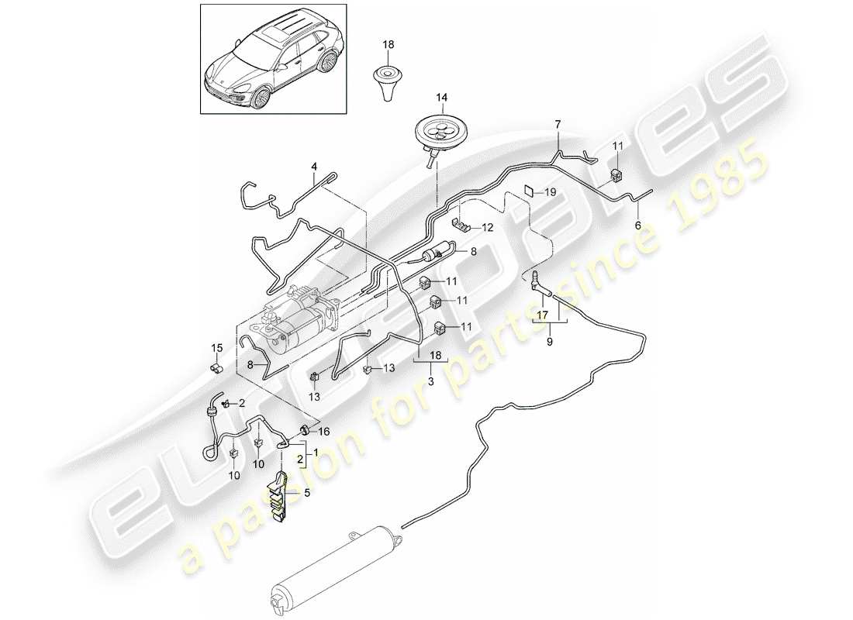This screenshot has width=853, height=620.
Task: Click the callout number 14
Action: [441, 98]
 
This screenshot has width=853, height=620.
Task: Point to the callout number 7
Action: [557, 125]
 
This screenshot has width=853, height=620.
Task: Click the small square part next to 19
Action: [527, 191]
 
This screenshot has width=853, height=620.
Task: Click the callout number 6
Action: [638, 226]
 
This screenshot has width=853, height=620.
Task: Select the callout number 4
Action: [314, 167]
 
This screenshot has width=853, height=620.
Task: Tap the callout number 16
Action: [324, 431]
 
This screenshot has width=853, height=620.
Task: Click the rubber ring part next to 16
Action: [305, 430]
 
